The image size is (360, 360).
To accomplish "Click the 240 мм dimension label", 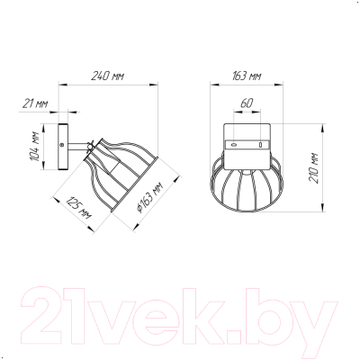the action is tap(107, 76).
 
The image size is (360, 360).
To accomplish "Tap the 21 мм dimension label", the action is tap(35, 103).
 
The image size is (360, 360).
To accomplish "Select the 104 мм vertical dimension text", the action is tap(36, 146).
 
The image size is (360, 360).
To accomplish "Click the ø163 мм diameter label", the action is tap(149, 198).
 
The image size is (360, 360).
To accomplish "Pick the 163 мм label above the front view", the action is tap(247, 76).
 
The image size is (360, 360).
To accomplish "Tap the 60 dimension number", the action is tap(247, 103).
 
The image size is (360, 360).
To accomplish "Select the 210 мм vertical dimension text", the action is tap(313, 168).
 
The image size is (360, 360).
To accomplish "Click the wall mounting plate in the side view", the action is tap(63, 147).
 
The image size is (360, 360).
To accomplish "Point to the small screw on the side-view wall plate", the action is tap(62, 145).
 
